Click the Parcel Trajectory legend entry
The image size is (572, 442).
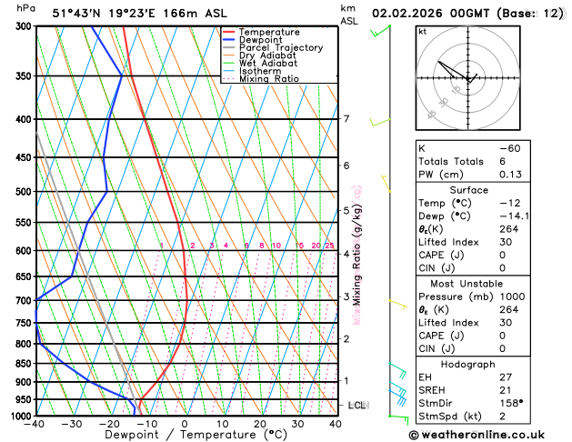pos(280,47)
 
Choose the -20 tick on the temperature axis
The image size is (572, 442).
pos(109,424)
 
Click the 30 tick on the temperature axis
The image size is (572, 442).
pos(297,424)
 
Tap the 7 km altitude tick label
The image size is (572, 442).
pos(346,119)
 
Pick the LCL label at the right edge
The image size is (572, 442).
pos(357,405)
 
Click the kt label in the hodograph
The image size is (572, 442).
pos(422,32)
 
